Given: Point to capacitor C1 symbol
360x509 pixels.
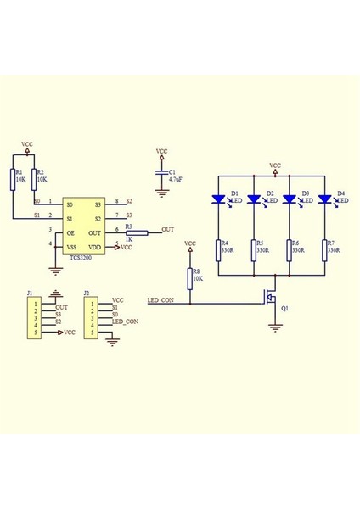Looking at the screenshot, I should tap(162, 174).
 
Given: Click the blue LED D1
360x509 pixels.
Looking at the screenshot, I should tap(218, 199).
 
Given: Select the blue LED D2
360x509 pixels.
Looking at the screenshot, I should tap(254, 199).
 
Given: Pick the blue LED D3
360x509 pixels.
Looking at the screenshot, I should tap(290, 199).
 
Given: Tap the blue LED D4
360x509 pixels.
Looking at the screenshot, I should tap(324, 199).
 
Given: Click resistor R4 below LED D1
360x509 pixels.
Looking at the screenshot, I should tap(218, 249).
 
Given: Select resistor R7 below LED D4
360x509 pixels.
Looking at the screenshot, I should tap(324, 249).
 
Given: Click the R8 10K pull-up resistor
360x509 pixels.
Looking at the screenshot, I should tap(189, 277).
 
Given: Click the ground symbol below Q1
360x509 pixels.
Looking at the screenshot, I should tap(274, 327).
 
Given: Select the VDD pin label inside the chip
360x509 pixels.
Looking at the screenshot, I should tap(96, 246).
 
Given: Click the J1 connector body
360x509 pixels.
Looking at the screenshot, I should tap(36, 317).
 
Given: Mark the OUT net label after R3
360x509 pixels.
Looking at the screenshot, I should tap(167, 230).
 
